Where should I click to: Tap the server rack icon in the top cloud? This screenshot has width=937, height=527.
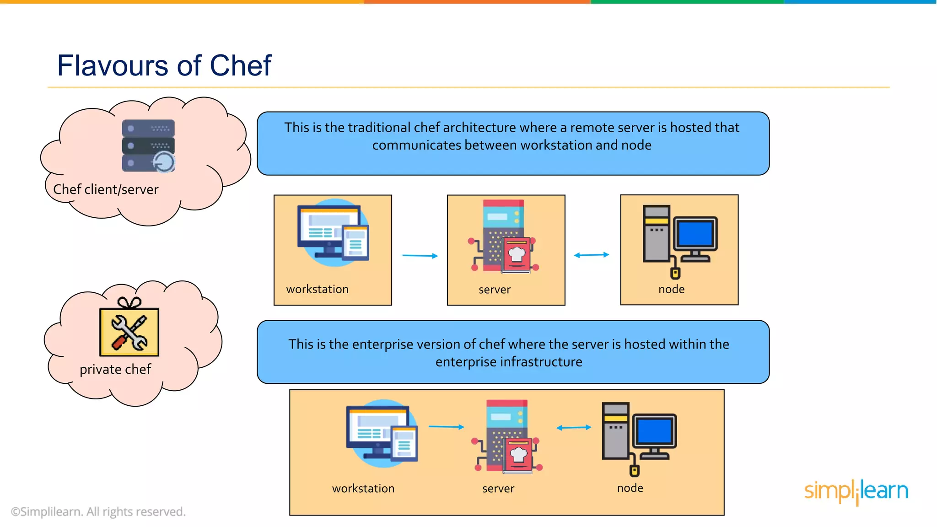pyautogui.click(x=148, y=146)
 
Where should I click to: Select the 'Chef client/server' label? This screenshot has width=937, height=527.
pyautogui.click(x=106, y=189)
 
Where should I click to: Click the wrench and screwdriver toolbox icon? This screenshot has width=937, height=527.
pyautogui.click(x=129, y=332)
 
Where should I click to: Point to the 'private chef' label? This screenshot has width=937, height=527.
pyautogui.click(x=115, y=369)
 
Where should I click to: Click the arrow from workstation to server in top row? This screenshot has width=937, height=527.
pyautogui.click(x=420, y=256)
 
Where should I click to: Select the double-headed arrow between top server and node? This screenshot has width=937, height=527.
pyautogui.click(x=592, y=255)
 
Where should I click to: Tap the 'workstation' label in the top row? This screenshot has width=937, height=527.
pyautogui.click(x=318, y=289)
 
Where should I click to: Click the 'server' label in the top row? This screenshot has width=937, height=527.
pyautogui.click(x=495, y=290)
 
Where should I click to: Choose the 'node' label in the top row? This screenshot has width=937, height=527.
pyautogui.click(x=672, y=289)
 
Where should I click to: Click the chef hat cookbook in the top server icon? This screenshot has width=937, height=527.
pyautogui.click(x=517, y=254)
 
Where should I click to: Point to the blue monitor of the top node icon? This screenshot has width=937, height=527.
pyautogui.click(x=695, y=234)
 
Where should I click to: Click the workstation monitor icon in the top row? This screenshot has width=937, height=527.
pyautogui.click(x=333, y=232)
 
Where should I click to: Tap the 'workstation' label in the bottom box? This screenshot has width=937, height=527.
pyautogui.click(x=363, y=489)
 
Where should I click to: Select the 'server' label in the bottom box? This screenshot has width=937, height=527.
pyautogui.click(x=498, y=489)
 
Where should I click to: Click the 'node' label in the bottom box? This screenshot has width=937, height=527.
pyautogui.click(x=630, y=488)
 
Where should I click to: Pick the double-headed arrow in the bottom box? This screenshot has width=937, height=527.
pyautogui.click(x=574, y=428)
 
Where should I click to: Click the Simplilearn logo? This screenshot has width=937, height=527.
pyautogui.click(x=856, y=491)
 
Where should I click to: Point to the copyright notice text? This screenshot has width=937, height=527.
pyautogui.click(x=98, y=511)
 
